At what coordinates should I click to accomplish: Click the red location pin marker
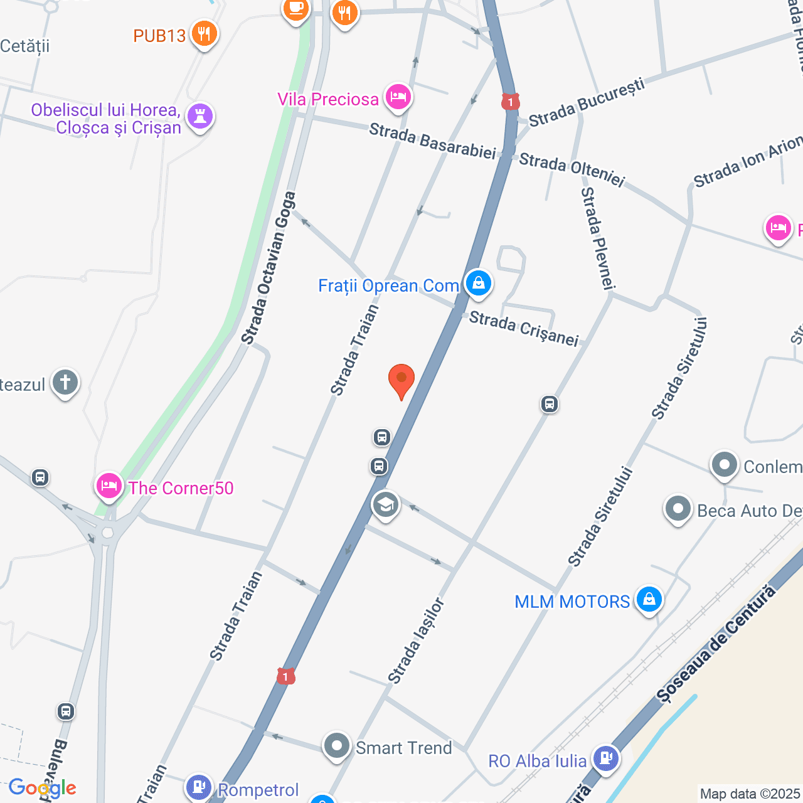point(401,380)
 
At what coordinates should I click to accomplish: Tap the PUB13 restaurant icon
point(204,34)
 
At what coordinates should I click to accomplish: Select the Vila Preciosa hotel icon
point(398,97)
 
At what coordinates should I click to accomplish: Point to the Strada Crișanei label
point(524,328)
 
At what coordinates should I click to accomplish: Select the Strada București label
point(587,102)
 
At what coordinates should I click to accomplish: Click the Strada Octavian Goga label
point(269,269)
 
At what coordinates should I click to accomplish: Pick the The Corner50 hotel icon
point(109,486)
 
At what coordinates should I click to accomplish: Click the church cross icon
point(65,382)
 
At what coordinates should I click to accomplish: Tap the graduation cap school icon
point(386,504)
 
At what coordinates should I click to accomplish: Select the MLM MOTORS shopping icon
point(649,600)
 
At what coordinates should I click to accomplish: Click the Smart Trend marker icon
point(337,746)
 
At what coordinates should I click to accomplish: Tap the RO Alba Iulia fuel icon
point(605,758)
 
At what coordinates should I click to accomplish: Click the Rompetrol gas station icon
point(199,786)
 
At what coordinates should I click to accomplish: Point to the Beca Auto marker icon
point(678,509)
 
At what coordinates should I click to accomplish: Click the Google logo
point(43,788)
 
